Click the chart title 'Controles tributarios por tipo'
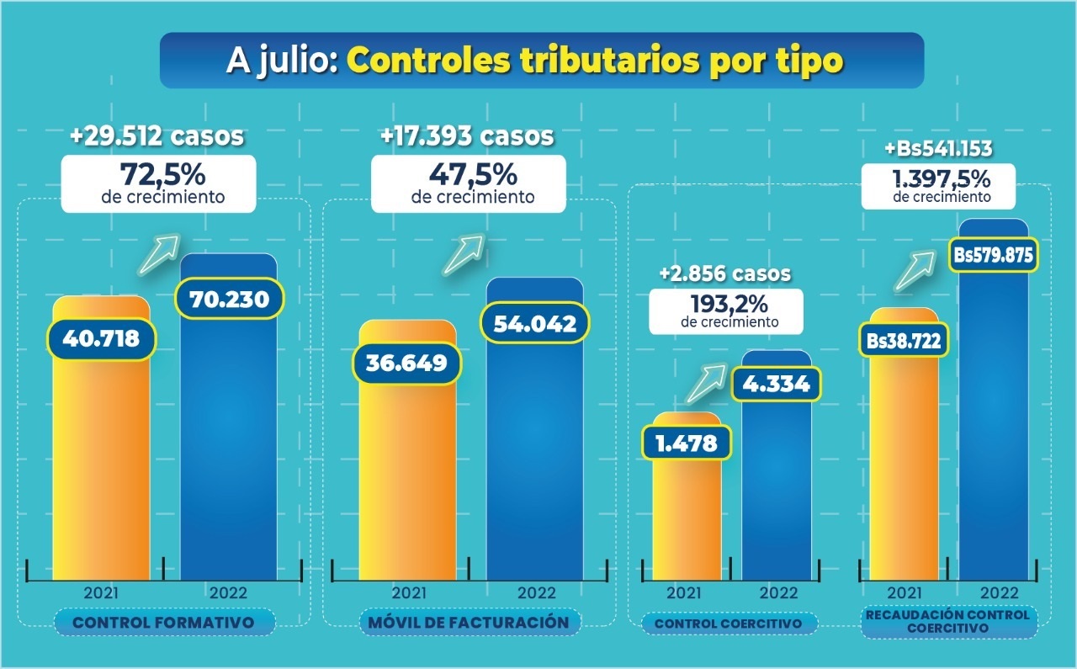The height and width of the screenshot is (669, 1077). (x=595, y=61)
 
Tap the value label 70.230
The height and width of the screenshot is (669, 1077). (x=229, y=300)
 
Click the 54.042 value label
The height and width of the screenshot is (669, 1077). (x=533, y=324)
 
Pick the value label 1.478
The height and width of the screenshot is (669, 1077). (x=687, y=443)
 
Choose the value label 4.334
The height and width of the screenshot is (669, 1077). (x=776, y=384)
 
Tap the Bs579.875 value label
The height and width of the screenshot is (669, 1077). (x=993, y=256)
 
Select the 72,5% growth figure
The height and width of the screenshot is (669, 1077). (x=160, y=178)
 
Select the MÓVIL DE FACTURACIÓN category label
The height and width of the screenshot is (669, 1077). (x=469, y=623)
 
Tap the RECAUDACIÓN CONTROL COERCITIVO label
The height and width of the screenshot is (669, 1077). (x=948, y=621)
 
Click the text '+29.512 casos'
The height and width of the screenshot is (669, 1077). (x=158, y=135)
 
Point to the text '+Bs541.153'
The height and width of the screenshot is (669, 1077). (x=938, y=150)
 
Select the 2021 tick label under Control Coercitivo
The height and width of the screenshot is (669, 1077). (x=683, y=592)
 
